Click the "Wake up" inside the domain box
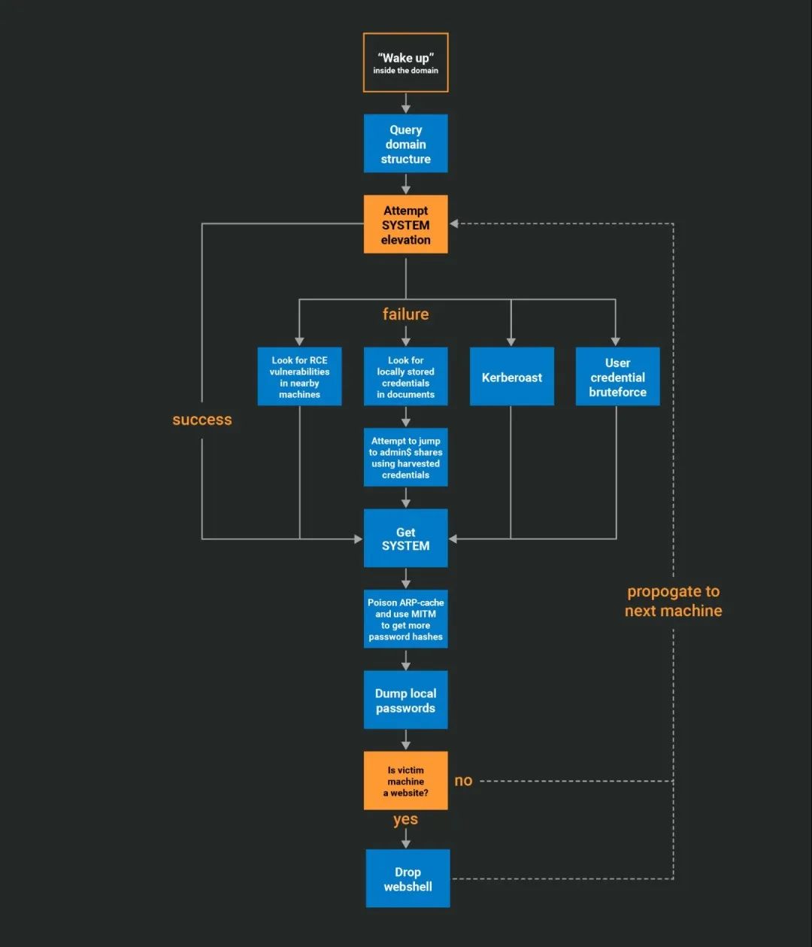click(x=405, y=62)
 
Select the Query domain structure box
click(x=405, y=144)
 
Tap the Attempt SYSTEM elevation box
click(x=405, y=225)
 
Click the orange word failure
click(x=405, y=314)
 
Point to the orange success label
click(x=201, y=420)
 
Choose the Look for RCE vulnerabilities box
click(x=299, y=377)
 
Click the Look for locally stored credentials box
click(x=405, y=377)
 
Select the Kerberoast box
click(x=511, y=377)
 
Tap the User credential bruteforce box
click(x=617, y=377)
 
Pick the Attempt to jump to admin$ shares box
click(x=405, y=457)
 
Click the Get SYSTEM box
click(x=405, y=539)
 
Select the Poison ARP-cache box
click(x=405, y=619)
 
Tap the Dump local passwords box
click(x=405, y=700)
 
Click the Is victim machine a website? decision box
click(x=405, y=781)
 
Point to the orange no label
click(x=463, y=781)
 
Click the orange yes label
click(x=405, y=819)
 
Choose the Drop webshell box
click(x=408, y=879)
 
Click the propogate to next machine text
click(x=673, y=601)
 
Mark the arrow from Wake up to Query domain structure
click(x=405, y=104)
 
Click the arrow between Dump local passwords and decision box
click(x=405, y=740)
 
